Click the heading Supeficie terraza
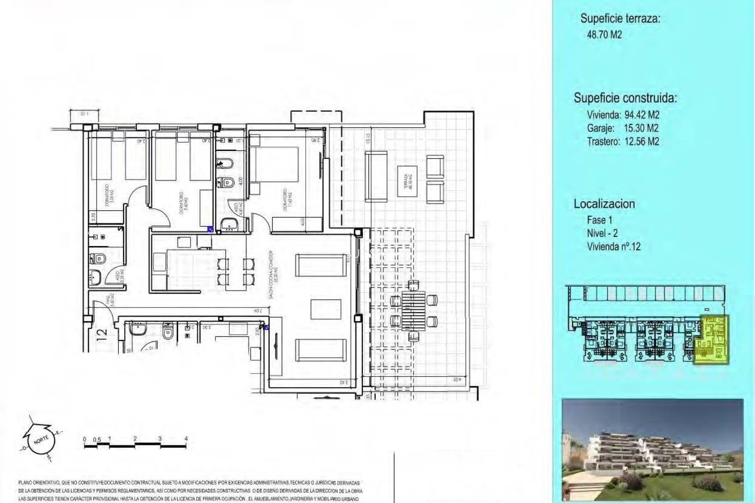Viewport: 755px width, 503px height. (x=620, y=18)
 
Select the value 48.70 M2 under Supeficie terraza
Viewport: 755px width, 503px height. (x=604, y=35)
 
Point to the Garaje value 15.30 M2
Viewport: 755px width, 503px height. (x=641, y=128)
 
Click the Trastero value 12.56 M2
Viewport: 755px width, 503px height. (x=642, y=141)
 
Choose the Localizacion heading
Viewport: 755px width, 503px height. (x=604, y=204)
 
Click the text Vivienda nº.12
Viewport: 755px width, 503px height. (x=613, y=247)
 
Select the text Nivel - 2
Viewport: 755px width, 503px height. (x=602, y=233)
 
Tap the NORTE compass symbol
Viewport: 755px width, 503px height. (x=41, y=439)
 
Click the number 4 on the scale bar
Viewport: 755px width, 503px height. (x=186, y=439)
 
